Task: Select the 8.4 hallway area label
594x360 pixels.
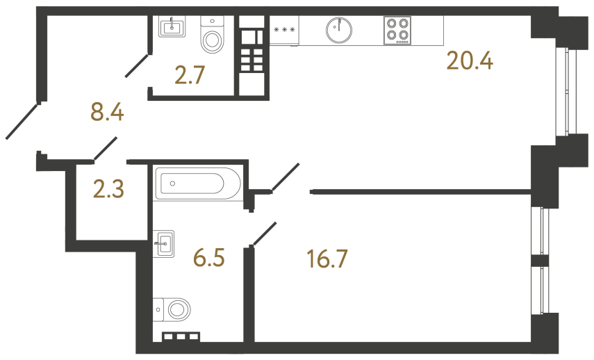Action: point(107,111)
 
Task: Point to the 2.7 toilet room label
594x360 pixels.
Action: point(189,74)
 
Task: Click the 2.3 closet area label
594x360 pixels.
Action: point(108,188)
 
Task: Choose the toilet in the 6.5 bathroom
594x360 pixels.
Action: point(174,309)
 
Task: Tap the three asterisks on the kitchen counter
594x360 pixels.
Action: point(284,30)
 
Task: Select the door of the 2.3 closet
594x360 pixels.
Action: point(105,148)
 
